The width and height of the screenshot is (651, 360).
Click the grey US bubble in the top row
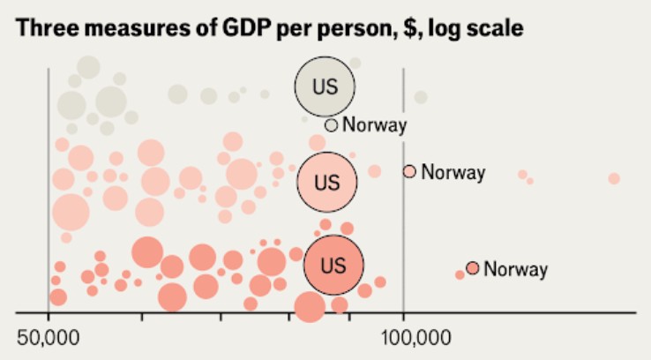[x=325, y=86]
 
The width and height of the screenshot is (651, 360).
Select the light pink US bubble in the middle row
[x=326, y=183]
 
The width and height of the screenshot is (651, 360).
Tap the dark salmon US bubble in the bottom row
[x=333, y=265]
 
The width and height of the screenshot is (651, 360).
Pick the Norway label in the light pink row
[x=453, y=172]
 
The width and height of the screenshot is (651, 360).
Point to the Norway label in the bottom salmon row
[x=515, y=269]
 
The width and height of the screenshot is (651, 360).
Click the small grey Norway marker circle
[x=331, y=125]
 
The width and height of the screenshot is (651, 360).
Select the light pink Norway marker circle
[x=409, y=171]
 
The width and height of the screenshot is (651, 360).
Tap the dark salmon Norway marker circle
[x=473, y=267]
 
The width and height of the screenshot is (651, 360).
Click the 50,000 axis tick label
[x=48, y=337]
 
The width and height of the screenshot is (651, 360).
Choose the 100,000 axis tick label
[x=404, y=337]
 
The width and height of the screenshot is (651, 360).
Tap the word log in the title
[x=452, y=29]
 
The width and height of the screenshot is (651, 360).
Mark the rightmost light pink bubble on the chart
[x=614, y=179]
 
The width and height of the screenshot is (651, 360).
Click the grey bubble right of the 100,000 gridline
[x=421, y=97]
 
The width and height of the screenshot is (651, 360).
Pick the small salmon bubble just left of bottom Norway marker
[x=460, y=274]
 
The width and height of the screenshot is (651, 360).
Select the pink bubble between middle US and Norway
[x=375, y=171]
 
